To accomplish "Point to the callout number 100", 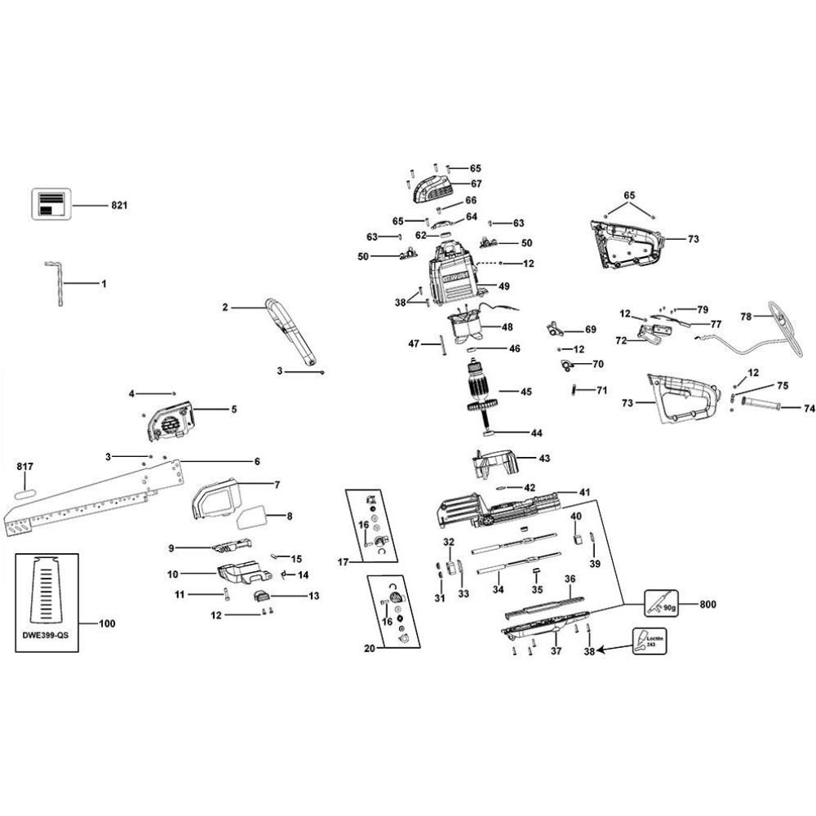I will pyautogui.click(x=107, y=624).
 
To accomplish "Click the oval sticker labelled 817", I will pyautogui.click(x=26, y=494).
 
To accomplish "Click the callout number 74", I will pyautogui.click(x=809, y=407).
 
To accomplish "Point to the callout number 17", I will pyautogui.click(x=344, y=561).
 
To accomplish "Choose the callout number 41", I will pyautogui.click(x=584, y=492).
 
